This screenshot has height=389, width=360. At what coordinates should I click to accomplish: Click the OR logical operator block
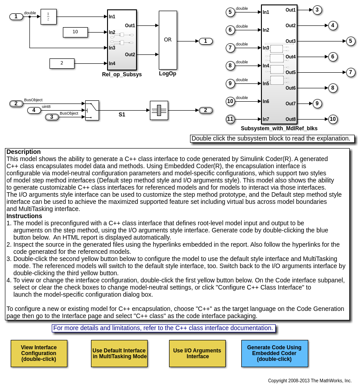(x=168, y=40)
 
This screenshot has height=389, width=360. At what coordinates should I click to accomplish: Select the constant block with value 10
(x=75, y=32)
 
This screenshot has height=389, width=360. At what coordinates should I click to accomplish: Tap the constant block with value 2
(x=62, y=63)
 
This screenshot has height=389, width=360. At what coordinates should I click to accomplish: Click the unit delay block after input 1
(x=48, y=17)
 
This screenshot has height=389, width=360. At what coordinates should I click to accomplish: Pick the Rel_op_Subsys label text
(x=122, y=74)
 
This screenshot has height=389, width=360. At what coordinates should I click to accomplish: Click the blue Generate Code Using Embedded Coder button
(x=274, y=353)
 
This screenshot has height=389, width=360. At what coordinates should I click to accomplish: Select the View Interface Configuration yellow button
(x=39, y=353)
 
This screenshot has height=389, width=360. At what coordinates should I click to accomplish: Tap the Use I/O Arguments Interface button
(x=197, y=353)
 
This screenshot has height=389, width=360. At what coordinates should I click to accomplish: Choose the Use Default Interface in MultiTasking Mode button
(x=119, y=353)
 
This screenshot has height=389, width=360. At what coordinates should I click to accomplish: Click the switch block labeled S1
(x=92, y=110)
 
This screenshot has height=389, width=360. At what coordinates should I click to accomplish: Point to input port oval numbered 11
(x=230, y=119)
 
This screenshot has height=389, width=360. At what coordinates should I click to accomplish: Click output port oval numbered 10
(x=333, y=119)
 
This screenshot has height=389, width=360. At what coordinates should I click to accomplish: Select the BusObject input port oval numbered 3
(x=52, y=117)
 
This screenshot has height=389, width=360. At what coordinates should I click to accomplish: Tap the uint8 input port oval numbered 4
(x=34, y=110)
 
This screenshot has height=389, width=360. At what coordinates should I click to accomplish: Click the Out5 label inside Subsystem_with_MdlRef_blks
(x=290, y=72)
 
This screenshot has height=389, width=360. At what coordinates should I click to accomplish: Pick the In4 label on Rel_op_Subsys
(x=112, y=63)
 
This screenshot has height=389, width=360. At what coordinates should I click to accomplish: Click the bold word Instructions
(x=24, y=216)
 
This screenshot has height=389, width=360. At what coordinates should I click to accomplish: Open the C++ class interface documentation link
(x=163, y=328)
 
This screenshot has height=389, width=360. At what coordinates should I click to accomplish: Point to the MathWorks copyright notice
(x=310, y=381)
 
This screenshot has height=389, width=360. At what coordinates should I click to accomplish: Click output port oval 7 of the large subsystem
(x=351, y=72)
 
